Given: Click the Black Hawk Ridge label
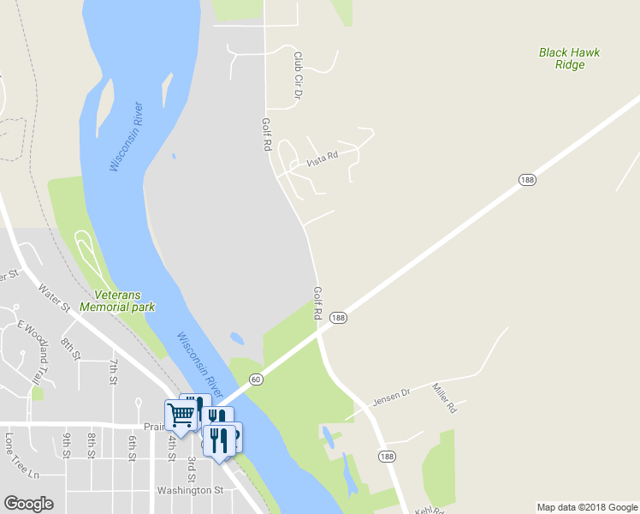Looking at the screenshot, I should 569,58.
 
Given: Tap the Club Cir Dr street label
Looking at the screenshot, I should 299,74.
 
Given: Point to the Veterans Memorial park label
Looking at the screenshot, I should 116,301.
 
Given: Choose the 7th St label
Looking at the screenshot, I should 113,373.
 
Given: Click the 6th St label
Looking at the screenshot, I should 133,447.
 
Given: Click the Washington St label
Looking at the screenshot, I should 190,491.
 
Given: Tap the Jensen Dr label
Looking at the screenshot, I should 391,397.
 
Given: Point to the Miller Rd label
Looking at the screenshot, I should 445,398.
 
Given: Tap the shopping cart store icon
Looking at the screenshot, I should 181,415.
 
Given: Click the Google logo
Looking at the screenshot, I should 28,504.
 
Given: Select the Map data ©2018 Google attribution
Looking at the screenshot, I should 588,507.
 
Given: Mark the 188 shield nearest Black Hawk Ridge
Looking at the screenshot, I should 526,179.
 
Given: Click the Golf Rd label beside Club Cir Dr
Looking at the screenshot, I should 266,134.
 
